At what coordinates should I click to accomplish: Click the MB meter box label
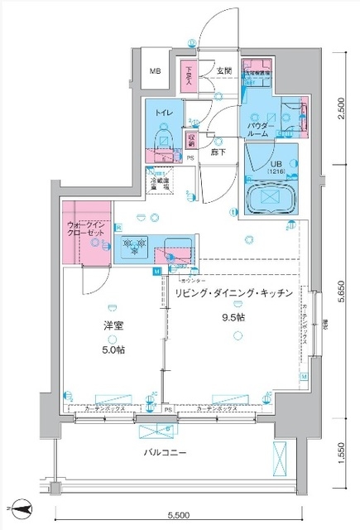[155, 73]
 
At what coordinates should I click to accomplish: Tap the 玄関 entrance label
[224, 72]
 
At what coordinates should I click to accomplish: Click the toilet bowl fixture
[163, 132]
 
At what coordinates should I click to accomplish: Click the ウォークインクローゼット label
[86, 229]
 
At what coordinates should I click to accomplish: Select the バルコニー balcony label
[168, 452]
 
